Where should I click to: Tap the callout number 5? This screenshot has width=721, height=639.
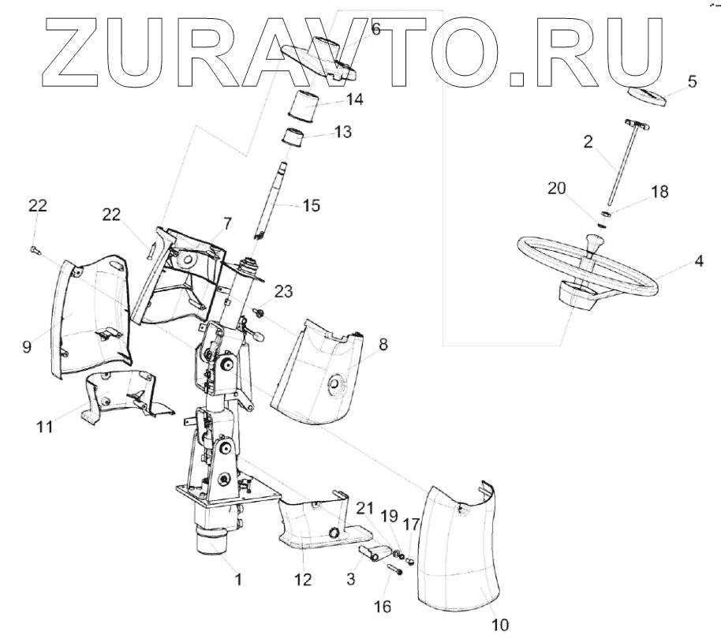click(x=692, y=81)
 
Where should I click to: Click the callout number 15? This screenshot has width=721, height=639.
click(x=311, y=206)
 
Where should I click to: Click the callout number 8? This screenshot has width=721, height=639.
click(x=384, y=345)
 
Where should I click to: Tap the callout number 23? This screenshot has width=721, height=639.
click(x=283, y=291)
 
